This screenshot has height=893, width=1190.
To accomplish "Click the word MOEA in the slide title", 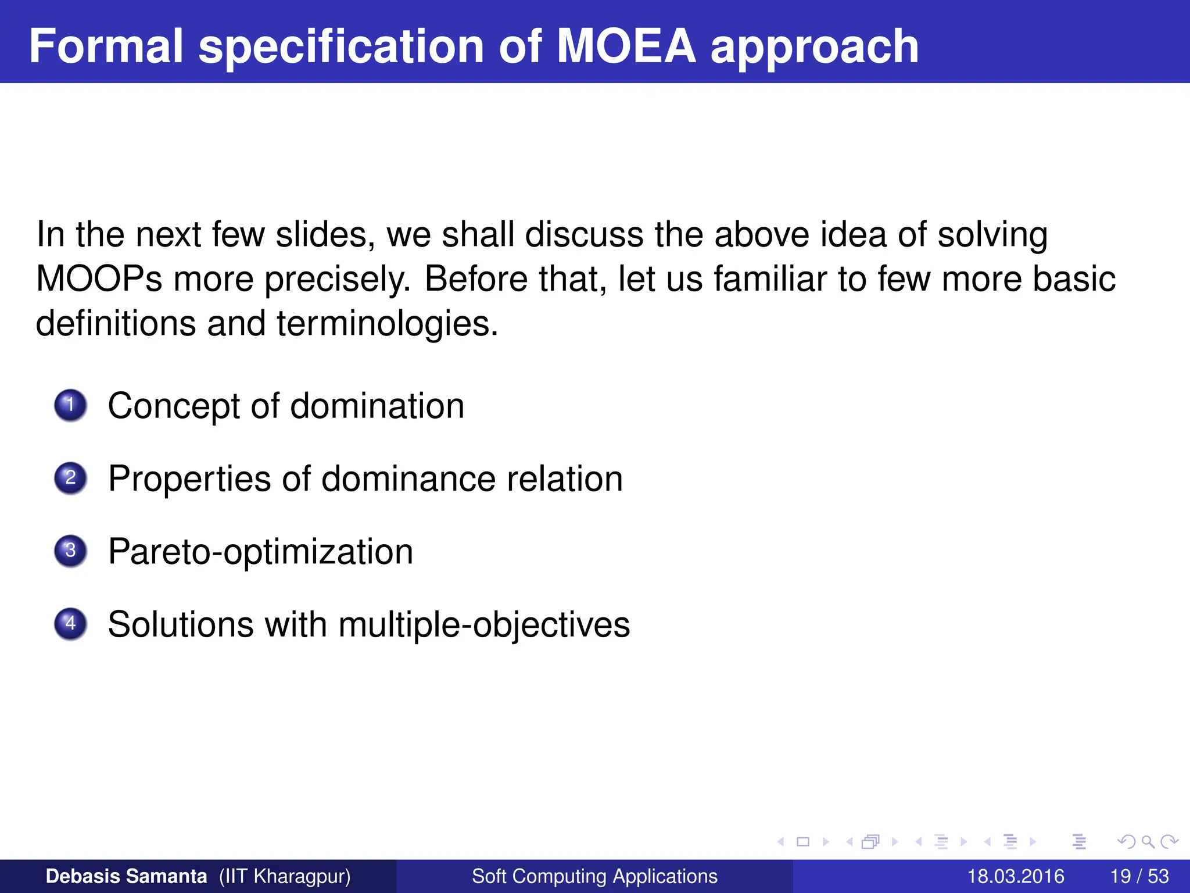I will [x=626, y=46].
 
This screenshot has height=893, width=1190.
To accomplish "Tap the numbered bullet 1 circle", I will [x=70, y=405].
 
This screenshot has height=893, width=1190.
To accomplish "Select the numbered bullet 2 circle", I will [x=70, y=478].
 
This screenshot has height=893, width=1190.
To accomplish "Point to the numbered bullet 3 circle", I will [x=70, y=551].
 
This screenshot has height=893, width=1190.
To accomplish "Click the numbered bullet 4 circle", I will [x=70, y=624].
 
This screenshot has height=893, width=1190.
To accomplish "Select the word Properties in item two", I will [x=189, y=479].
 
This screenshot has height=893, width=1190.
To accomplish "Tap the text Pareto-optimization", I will [x=260, y=552].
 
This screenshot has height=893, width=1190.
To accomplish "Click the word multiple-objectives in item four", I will [x=484, y=625].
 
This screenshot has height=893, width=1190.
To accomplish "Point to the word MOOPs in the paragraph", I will [x=99, y=279].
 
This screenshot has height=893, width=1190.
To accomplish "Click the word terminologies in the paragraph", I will [x=387, y=323].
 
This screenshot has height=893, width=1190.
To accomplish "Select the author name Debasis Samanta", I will [x=126, y=876].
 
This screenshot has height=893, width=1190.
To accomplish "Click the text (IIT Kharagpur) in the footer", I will [x=285, y=876].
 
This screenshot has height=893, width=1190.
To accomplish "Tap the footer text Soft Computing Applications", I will [x=594, y=876].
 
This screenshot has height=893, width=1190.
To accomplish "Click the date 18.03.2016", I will [x=1015, y=876].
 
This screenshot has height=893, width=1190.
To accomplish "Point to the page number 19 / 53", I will [x=1139, y=876].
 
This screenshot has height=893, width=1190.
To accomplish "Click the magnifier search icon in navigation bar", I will [x=1148, y=841].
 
